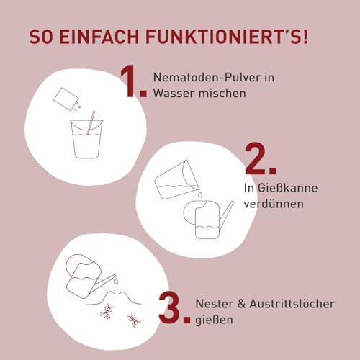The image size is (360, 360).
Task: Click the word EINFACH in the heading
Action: point(99,37)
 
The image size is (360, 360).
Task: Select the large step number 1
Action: point(133,81)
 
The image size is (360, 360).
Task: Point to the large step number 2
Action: point(261,158)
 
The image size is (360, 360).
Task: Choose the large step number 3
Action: point(174,308)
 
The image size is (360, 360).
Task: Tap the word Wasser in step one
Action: point(174,93)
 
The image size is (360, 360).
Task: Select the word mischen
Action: point(222,93)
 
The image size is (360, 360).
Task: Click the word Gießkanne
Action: point(287,188)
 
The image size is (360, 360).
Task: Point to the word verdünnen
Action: point(274,204)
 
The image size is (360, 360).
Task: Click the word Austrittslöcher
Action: point(292,304)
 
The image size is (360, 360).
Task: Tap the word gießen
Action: point(214,320)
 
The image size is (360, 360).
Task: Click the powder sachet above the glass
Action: point(66,99)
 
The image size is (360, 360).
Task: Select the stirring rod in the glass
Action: point(91,122)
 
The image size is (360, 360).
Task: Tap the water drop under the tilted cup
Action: point(200,194)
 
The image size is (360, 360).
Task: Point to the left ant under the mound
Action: point(107,311)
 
